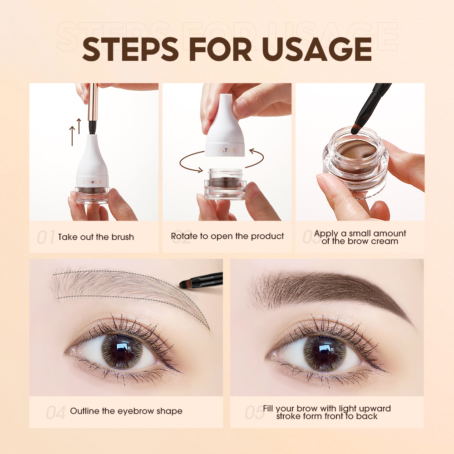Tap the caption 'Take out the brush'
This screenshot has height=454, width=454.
(96, 237)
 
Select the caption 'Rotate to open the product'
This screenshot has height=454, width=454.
(227, 236)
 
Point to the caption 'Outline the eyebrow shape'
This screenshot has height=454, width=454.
(126, 411)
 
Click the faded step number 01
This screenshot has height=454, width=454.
(45, 237)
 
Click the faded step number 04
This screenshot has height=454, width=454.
(56, 412)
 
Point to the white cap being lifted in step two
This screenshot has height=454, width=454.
(226, 132)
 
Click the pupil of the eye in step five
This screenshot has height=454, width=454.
(324, 350)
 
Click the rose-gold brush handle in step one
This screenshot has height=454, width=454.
(93, 102)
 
